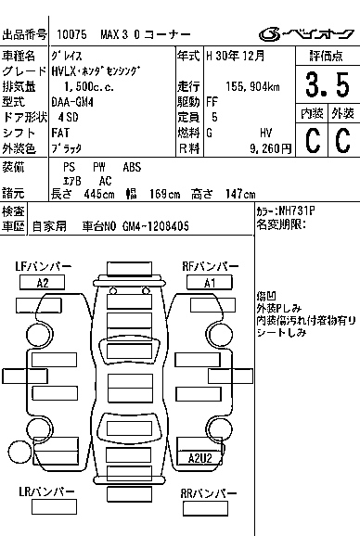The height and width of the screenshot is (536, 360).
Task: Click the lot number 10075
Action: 71,33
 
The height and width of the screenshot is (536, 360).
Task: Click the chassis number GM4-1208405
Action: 153,225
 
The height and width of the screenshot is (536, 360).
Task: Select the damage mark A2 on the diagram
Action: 43,283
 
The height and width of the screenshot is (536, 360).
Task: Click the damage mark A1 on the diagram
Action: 210,283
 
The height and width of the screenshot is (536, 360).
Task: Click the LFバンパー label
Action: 43,266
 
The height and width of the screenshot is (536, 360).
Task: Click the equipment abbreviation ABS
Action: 132,166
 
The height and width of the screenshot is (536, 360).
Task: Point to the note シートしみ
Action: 282,331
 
